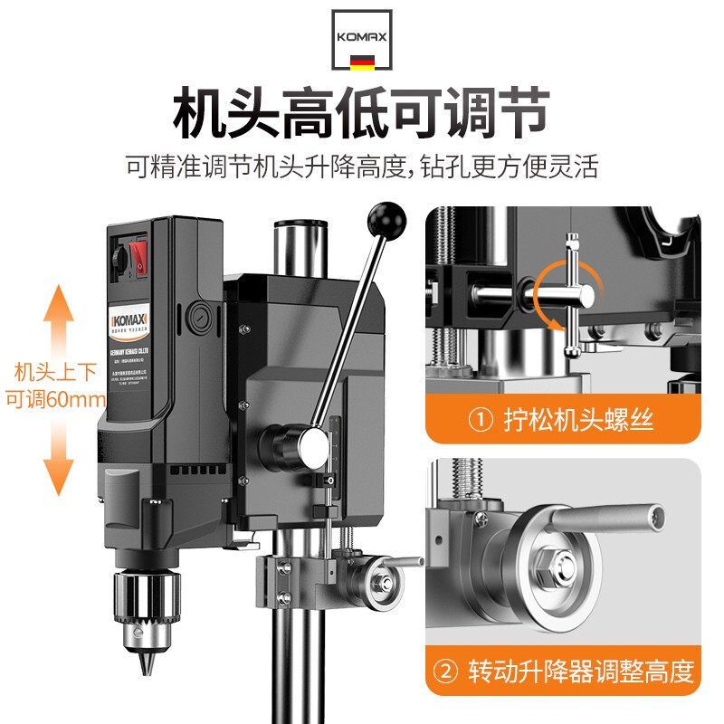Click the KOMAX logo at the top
[x=362, y=38]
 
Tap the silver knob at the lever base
[x=314, y=444]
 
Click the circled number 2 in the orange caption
[x=447, y=672]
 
